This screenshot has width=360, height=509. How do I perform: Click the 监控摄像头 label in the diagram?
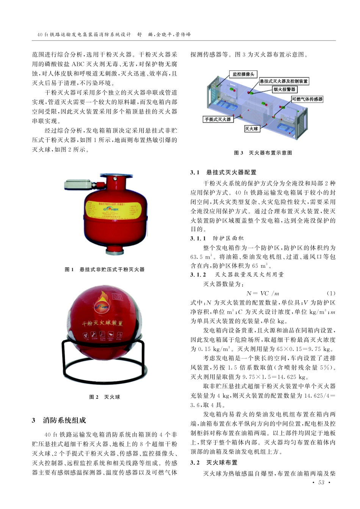[243, 74]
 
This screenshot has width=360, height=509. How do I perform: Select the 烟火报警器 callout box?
[285, 89]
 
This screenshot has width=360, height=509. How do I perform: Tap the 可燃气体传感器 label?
[307, 99]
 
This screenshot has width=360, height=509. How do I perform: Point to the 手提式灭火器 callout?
[218, 119]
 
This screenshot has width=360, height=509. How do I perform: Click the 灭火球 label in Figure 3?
[252, 129]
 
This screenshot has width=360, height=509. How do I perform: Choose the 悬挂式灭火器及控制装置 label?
[283, 81]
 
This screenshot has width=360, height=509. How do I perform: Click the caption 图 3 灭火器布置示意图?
[263, 153]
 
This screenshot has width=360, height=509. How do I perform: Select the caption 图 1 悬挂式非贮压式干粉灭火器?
[105, 270]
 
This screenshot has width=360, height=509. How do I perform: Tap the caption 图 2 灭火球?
[105, 397]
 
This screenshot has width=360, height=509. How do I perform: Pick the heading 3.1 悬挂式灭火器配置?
[223, 173]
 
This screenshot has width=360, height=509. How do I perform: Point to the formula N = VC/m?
[263, 294]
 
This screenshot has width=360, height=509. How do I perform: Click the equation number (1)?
[330, 294]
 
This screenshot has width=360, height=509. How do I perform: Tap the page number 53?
[321, 483]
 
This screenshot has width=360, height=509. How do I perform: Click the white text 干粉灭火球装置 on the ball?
[102, 323]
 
